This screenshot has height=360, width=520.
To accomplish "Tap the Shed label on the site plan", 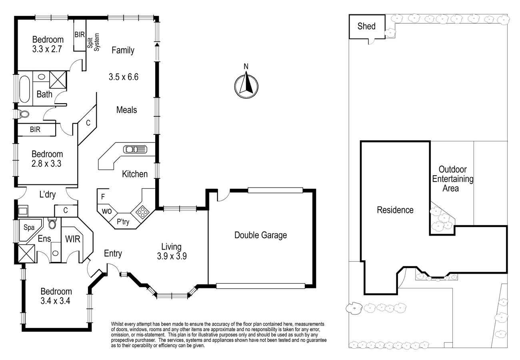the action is click(366, 26).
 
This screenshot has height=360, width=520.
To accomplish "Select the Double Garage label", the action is click(260, 235).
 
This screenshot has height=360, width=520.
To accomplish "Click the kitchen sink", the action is click(135, 149).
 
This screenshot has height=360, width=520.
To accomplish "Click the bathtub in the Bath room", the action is click(24, 89).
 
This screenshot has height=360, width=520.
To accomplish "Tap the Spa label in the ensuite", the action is click(29, 228).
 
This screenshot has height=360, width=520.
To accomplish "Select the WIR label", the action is click(72, 239).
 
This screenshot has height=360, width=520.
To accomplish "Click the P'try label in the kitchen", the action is click(123, 222).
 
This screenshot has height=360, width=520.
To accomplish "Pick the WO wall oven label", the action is click(106, 211).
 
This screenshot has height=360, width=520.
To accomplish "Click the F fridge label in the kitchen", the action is click(103, 197).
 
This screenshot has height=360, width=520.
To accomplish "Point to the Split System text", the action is click(93, 42).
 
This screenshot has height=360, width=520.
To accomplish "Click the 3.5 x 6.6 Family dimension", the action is click(124, 76).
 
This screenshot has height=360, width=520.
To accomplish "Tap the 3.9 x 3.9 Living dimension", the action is click(172, 256).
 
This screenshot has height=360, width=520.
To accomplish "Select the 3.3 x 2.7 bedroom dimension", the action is click(47, 49).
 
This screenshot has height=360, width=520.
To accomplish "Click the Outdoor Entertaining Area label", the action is click(452, 179).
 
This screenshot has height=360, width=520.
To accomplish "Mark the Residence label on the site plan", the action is click(395, 210).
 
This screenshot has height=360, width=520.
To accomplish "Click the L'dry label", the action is click(47, 194).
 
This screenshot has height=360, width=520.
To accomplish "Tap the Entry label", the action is click(113, 253).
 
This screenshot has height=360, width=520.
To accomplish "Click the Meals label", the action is click(126, 110).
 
